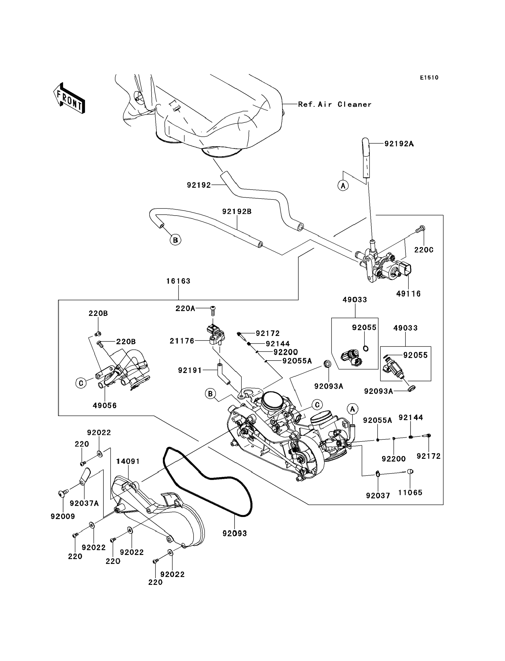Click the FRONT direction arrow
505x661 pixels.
(69, 98)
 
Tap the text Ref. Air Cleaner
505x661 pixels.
(335, 104)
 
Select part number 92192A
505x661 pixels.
(399, 144)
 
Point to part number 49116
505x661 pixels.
(408, 294)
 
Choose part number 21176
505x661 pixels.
(182, 341)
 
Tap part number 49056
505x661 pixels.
(105, 405)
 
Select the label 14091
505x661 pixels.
(128, 461)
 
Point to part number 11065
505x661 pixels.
(410, 493)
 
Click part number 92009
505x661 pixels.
(63, 516)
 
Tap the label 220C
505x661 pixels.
(424, 250)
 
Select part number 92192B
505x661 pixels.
(237, 211)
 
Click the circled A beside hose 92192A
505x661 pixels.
(343, 186)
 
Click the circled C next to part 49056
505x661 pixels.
(81, 383)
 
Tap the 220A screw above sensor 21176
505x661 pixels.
(213, 309)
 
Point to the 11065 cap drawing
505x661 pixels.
(410, 471)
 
